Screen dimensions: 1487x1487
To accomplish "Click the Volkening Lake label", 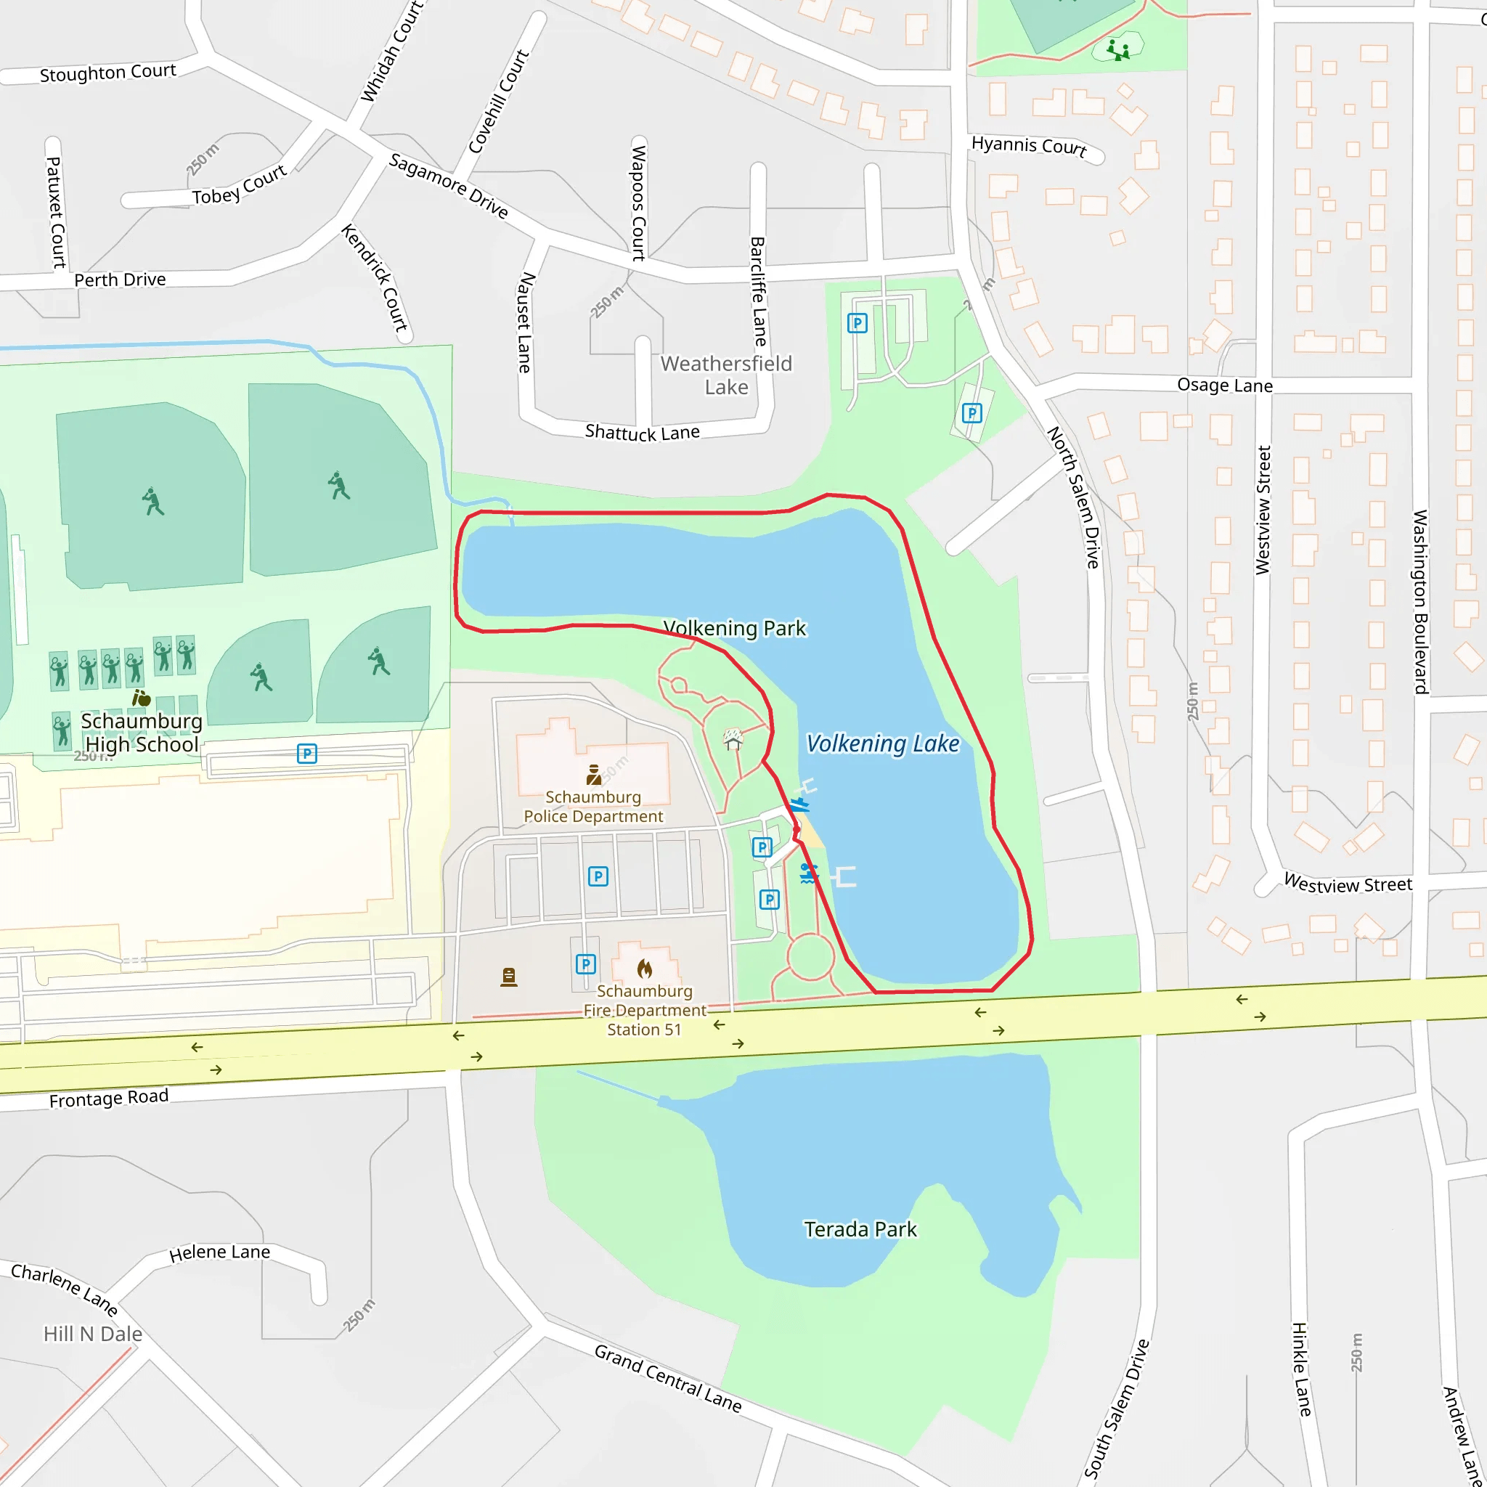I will coord(882,743).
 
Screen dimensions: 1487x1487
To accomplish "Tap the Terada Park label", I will coord(860,1229).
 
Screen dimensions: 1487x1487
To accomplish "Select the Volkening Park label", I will coord(734,628).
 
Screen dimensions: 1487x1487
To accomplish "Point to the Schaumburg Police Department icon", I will coord(593,774).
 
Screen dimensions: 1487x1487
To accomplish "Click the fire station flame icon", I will coord(645,969).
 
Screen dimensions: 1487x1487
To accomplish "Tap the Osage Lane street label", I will coord(1225,385).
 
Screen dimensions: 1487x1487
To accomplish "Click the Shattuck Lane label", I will coord(642,433).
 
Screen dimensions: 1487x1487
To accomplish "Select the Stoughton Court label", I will coord(107,73).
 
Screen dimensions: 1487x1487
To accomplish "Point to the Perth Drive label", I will coord(120,280).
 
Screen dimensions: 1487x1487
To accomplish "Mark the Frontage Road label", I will coord(108,1099).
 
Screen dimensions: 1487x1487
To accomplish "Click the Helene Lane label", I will coord(219,1252).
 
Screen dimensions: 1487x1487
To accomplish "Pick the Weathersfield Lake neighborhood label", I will coord(726,375).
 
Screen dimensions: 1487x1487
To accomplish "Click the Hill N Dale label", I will coord(92,1334).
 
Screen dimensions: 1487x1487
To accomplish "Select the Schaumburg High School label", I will coord(142,732).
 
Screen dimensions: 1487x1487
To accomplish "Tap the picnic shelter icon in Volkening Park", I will coord(733,740).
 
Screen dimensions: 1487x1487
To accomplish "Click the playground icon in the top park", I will coord(1117,50).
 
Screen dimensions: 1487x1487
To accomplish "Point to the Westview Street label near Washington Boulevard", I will coord(1348,884).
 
